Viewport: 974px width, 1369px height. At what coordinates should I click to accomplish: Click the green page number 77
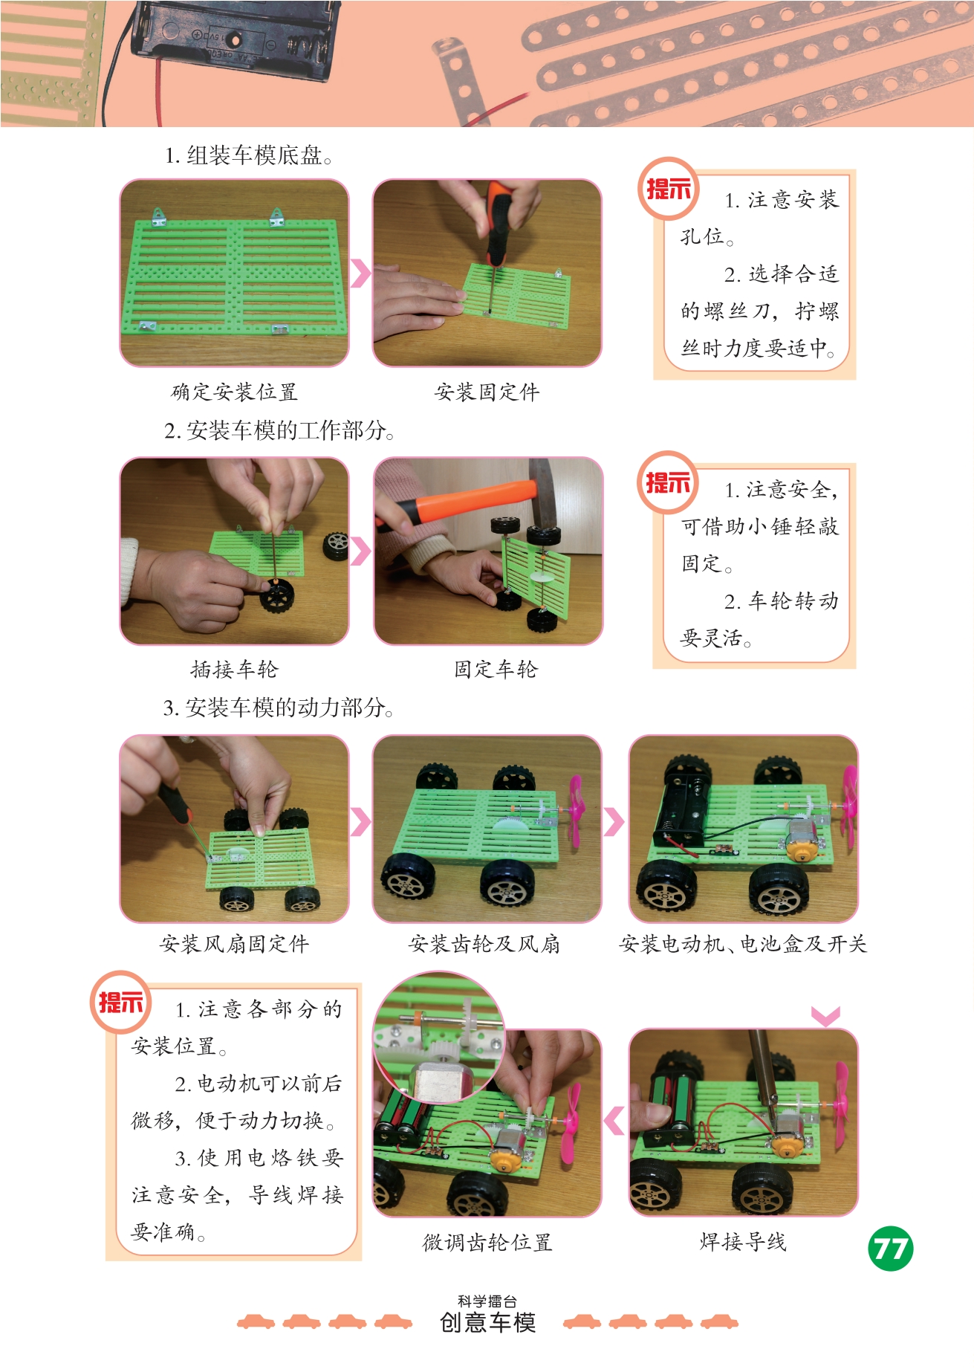pos(890,1249)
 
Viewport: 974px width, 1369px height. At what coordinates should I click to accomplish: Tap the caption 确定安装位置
pos(234,392)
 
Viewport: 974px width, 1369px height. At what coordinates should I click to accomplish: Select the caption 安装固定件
pos(487,392)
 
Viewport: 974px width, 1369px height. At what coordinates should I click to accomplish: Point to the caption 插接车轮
pos(234,670)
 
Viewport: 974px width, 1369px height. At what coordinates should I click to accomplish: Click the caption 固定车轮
pos(496,670)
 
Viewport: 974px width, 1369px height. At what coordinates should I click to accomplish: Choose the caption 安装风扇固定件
pos(234,944)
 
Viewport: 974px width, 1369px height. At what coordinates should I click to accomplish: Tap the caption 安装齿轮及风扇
pos(484,944)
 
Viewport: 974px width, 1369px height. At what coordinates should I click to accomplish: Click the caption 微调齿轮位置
pos(487,1242)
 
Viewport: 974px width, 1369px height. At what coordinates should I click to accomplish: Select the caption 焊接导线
pos(743,1241)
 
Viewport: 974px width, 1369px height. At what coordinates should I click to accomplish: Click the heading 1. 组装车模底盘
pos(248,155)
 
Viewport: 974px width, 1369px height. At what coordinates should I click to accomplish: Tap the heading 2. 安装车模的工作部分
pos(279,430)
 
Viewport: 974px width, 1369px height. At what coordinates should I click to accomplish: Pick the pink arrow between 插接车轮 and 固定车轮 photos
pos(360,551)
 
